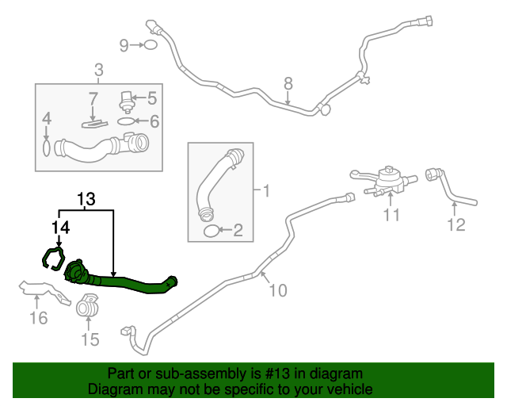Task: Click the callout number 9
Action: point(124,45)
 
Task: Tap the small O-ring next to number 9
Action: point(151,45)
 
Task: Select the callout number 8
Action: point(288,82)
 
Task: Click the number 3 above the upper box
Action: point(98,71)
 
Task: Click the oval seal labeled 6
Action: point(126,121)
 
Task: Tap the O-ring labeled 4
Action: point(47,147)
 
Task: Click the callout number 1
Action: point(266,190)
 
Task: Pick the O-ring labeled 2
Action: point(212,231)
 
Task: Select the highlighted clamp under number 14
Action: point(53,259)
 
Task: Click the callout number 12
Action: point(456,225)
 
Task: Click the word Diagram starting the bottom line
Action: point(114,389)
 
